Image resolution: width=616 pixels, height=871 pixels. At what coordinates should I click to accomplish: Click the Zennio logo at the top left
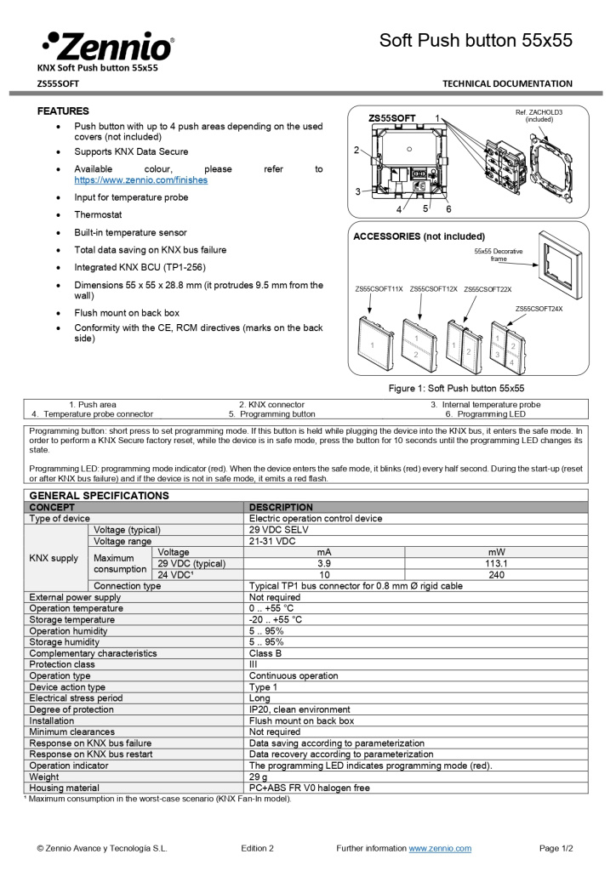(x=107, y=45)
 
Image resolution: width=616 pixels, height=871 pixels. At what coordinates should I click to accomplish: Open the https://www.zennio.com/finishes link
(x=140, y=180)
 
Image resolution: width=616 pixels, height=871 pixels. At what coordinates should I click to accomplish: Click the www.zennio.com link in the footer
(x=440, y=848)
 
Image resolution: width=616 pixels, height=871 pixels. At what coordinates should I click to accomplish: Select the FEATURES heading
(x=63, y=111)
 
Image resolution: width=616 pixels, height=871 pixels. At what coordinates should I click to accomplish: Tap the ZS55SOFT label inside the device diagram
(x=392, y=118)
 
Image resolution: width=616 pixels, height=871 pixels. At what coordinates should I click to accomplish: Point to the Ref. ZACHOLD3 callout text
(x=539, y=116)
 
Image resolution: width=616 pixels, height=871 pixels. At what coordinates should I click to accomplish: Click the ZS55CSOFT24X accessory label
(x=539, y=308)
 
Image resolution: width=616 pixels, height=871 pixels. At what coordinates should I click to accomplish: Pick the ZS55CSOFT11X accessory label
(x=379, y=289)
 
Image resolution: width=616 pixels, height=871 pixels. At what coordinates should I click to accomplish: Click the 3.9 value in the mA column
(x=324, y=563)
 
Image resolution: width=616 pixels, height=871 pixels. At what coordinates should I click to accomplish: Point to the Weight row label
(x=44, y=777)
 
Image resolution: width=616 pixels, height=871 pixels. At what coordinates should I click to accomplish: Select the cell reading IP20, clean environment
(x=299, y=709)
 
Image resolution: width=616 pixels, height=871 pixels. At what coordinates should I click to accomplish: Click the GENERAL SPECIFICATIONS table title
(x=99, y=495)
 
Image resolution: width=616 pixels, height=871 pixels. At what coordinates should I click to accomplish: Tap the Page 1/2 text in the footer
(x=556, y=848)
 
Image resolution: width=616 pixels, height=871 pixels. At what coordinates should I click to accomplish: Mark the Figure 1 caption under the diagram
(x=456, y=388)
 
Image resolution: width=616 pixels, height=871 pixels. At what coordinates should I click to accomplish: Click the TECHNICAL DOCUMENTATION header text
(x=507, y=83)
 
